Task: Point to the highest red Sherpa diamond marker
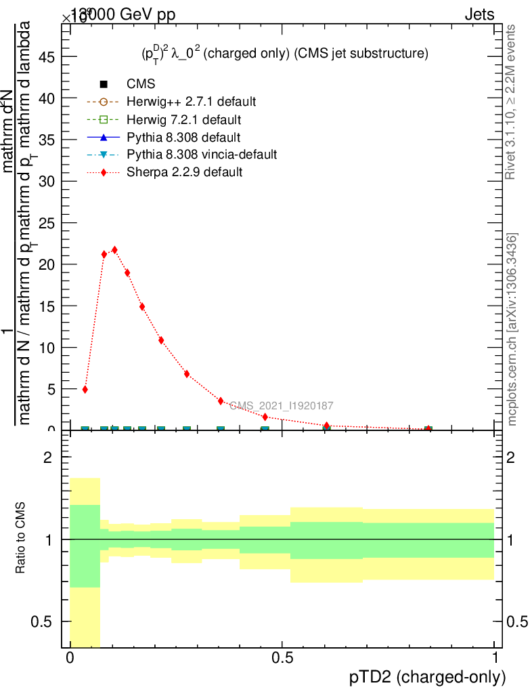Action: click(x=114, y=250)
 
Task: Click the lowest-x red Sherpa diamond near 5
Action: click(x=85, y=390)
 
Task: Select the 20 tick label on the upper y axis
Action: click(x=46, y=264)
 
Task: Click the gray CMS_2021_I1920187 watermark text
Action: click(x=281, y=406)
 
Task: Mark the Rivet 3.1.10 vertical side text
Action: click(x=511, y=102)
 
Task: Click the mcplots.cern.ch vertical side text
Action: click(x=512, y=329)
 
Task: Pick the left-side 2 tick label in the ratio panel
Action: click(x=48, y=457)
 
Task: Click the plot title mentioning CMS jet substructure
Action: click(x=280, y=54)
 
